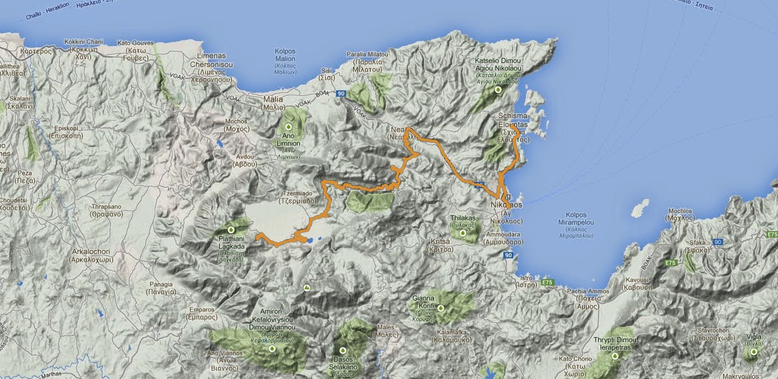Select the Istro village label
[526, 281]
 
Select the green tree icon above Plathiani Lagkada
[230, 230]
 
